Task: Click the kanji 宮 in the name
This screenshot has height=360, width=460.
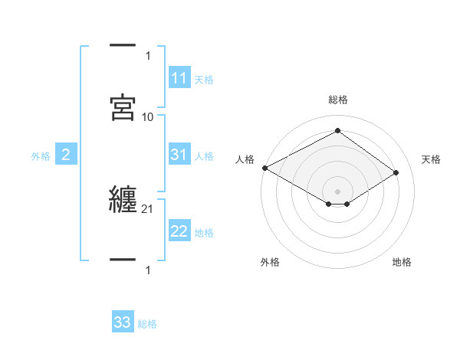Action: click(123, 106)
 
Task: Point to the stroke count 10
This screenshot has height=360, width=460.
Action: click(148, 116)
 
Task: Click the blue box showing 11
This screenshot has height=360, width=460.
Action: click(179, 78)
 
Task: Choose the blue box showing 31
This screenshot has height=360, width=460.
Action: click(179, 155)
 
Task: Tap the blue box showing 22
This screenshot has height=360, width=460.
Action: click(179, 231)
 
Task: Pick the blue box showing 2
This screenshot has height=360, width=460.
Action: click(66, 155)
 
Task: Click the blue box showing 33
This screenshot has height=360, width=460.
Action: click(123, 322)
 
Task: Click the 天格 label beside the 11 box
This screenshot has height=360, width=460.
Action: click(204, 79)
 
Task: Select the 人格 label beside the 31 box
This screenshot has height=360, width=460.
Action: click(204, 155)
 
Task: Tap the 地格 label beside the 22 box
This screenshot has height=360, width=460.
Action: click(204, 232)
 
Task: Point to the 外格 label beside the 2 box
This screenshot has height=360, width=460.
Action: click(41, 155)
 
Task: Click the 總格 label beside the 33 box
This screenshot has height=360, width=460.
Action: click(147, 323)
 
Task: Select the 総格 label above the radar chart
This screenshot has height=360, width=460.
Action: click(337, 100)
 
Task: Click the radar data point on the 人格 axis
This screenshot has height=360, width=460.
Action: click(264, 168)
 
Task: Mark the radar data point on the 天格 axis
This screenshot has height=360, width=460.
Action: click(396, 172)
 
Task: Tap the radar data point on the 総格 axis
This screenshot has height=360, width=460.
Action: click(337, 131)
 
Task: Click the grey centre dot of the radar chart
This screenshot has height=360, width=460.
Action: click(337, 191)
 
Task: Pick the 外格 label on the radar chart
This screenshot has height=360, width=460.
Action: click(270, 262)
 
